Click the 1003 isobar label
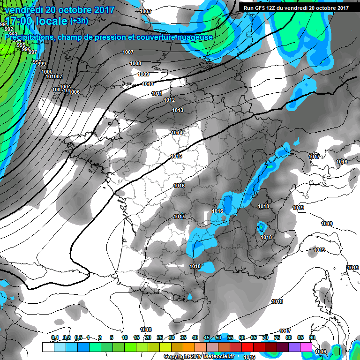click(145, 11)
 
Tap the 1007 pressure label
click(127, 52)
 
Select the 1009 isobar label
click(143, 74)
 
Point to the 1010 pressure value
click(148, 84)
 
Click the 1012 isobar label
click(169, 100)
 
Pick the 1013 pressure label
click(177, 110)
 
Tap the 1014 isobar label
click(177, 133)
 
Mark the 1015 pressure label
click(177, 156)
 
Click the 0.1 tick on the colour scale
click(54, 337)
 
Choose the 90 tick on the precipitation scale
click(312, 337)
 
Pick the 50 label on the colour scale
click(218, 337)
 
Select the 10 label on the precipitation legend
click(125, 337)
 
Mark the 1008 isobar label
click(135, 63)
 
